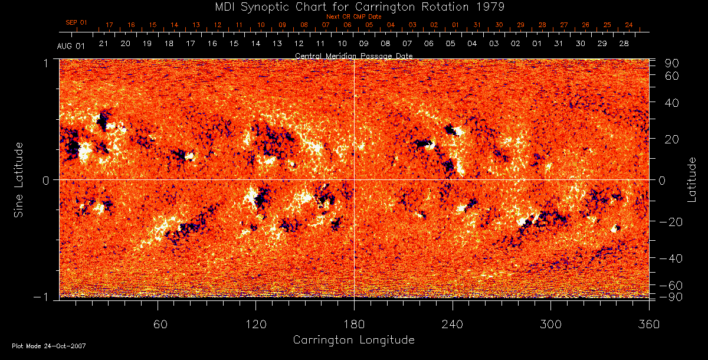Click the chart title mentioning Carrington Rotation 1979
(353, 6)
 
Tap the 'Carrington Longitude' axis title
(353, 340)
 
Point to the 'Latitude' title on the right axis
(692, 179)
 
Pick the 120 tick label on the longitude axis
(255, 325)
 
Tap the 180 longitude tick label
(354, 325)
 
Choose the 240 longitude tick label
(453, 325)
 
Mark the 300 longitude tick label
(550, 325)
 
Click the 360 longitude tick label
(648, 325)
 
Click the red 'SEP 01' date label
(76, 22)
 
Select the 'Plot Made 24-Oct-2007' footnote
(49, 346)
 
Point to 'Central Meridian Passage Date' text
(353, 55)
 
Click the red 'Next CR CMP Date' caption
(353, 17)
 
